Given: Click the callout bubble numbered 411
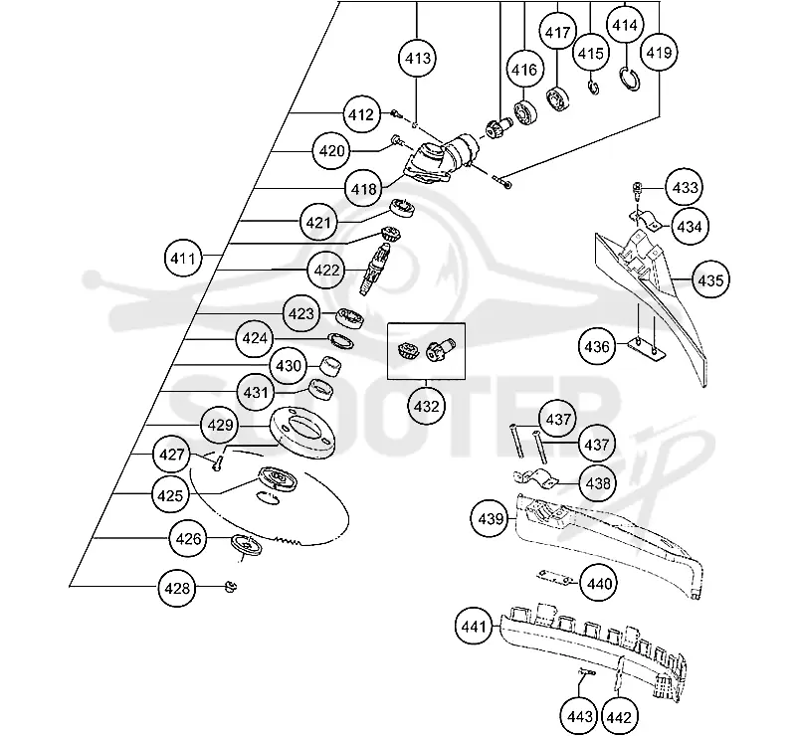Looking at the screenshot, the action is [x=183, y=259].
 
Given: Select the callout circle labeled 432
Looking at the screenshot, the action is [x=426, y=406].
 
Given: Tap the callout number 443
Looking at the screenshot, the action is [x=579, y=717].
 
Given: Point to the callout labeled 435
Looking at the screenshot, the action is [x=710, y=279].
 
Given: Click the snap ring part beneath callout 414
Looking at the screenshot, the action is [x=631, y=79].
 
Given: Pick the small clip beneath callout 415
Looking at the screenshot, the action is [x=593, y=88].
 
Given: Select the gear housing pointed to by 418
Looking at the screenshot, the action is [x=441, y=159].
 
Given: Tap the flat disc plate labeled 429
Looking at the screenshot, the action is [x=303, y=434].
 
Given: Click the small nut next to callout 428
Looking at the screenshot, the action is [x=231, y=587].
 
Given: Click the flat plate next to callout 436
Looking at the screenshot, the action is [x=646, y=350].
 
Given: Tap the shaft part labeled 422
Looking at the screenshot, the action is [x=375, y=268].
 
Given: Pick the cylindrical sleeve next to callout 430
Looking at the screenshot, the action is [x=330, y=365].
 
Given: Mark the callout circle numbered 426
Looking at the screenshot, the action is [x=188, y=538].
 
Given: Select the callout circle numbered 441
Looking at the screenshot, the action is [x=474, y=627].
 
